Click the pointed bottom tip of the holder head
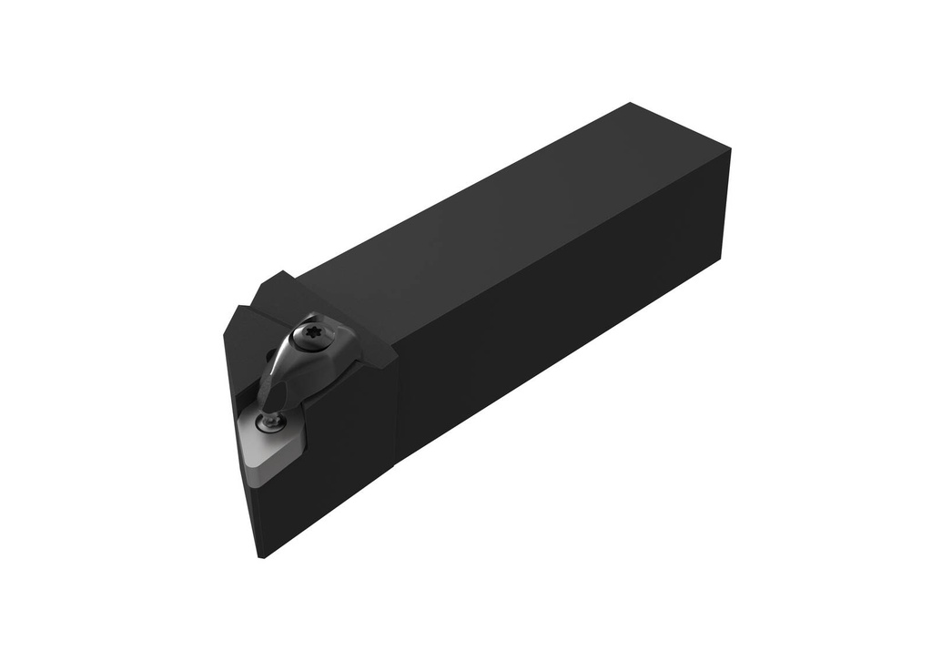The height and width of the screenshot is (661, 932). click(x=262, y=554)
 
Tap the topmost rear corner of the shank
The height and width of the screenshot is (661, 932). click(x=631, y=104)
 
